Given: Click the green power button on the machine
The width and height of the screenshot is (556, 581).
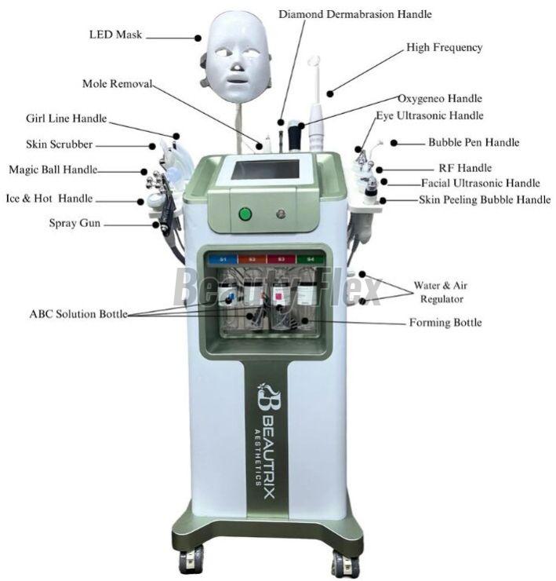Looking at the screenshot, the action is tap(245, 214).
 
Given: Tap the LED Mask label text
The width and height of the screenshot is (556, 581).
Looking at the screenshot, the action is tap(115, 35).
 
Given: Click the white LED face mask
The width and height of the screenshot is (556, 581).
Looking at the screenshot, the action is tap(237, 57).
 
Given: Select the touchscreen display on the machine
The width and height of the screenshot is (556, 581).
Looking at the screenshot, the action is tap(265, 170).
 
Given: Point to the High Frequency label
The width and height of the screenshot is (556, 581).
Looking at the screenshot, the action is tap(444, 47).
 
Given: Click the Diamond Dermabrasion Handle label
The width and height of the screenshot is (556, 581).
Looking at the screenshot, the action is tap(355, 14).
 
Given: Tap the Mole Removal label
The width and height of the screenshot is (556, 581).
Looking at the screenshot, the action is tap(117, 84).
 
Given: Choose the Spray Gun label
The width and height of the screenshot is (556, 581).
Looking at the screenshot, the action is tap(74, 223).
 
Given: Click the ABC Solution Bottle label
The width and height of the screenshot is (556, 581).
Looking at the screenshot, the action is tap(78, 314).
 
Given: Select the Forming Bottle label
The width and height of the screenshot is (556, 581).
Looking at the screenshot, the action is tap(445, 323).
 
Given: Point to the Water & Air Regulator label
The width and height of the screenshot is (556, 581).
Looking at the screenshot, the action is tap(441, 292).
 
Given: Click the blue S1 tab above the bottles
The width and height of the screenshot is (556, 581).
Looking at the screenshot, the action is tap(223, 259).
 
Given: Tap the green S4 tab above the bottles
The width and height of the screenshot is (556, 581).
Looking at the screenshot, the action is tap(311, 259).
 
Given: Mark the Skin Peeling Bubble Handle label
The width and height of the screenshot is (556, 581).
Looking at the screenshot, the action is tap(485, 200).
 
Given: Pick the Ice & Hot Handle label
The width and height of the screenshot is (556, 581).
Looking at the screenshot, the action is tap(49, 198).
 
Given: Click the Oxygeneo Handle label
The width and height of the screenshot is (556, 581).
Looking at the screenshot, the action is tap(440, 99).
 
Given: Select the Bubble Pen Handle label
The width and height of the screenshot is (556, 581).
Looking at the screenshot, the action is tap(474, 142).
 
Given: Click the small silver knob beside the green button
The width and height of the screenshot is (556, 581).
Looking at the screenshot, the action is tap(281, 214).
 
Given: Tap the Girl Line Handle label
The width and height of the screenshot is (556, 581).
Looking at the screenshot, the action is tap(66, 119).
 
